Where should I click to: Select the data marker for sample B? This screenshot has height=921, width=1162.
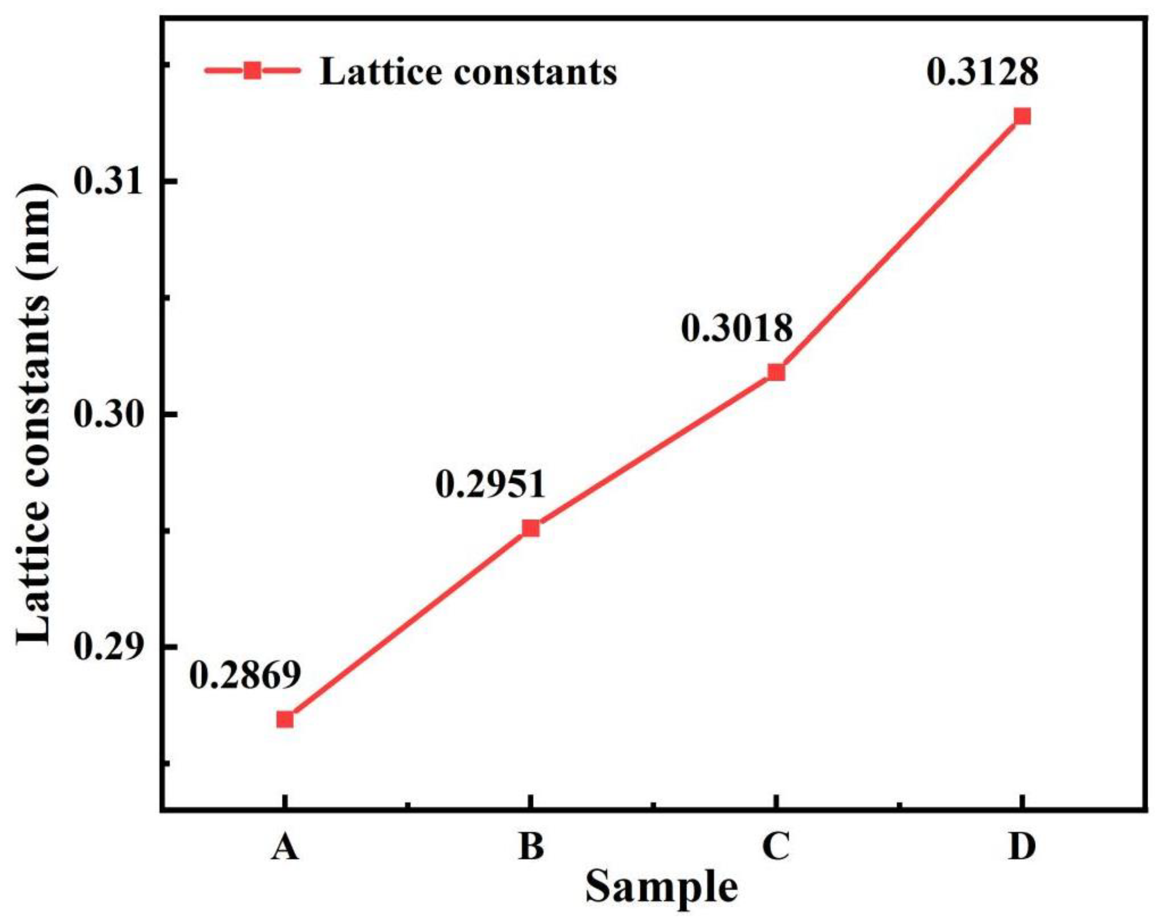click(531, 528)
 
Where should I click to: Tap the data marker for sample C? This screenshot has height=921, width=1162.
click(776, 372)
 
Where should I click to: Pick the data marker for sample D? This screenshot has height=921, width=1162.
click(1022, 116)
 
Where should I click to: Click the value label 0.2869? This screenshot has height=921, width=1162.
click(245, 675)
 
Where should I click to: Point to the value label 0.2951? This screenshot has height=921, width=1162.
click(491, 484)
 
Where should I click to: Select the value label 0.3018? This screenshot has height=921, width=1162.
click(737, 328)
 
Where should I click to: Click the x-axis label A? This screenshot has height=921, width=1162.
click(284, 846)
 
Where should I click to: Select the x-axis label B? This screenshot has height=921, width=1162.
click(531, 846)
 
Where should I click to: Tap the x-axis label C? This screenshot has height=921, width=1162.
click(776, 846)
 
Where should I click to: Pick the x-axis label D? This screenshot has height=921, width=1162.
click(1022, 846)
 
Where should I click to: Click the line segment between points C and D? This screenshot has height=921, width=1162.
click(899, 244)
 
